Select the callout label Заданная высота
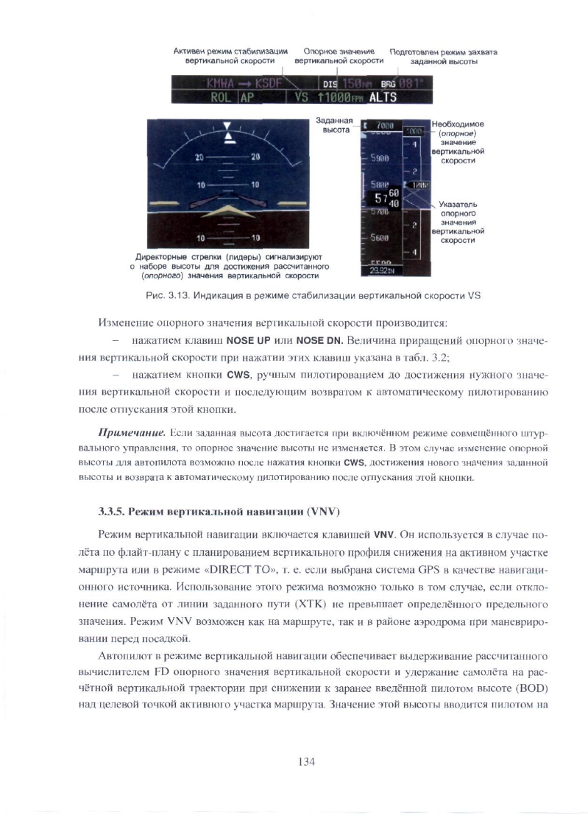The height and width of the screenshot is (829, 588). point(335,124)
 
